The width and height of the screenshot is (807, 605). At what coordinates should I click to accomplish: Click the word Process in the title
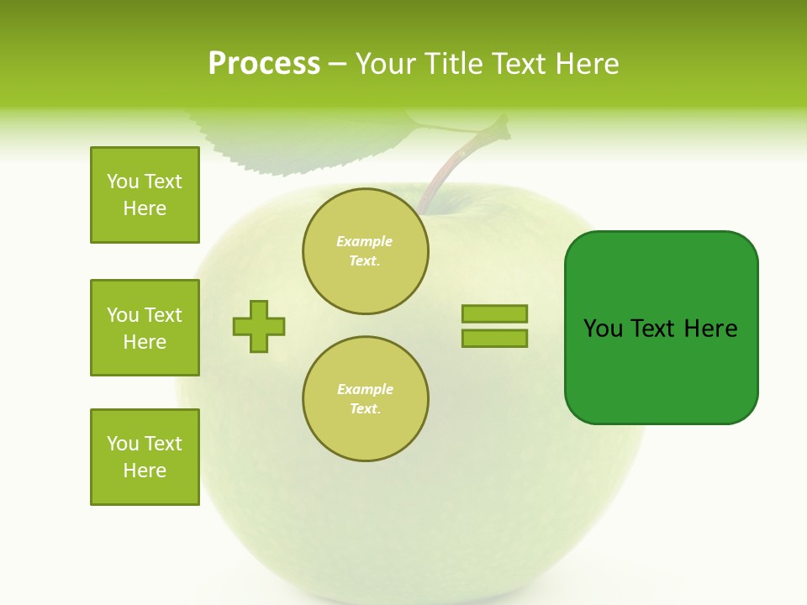264,64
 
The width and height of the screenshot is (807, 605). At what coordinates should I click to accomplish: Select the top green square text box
145,195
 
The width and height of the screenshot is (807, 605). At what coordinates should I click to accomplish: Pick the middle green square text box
145,328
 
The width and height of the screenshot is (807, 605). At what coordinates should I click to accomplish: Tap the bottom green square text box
145,457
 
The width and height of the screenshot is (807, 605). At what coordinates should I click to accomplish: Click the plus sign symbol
259,326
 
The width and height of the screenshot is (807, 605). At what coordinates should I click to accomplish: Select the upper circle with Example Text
366,250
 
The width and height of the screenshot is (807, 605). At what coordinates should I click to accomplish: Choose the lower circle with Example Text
366,398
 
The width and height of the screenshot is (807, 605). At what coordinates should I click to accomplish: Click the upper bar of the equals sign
494,313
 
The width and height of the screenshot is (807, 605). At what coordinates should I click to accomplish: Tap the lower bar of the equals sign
494,338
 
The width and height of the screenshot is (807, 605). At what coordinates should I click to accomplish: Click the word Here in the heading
587,64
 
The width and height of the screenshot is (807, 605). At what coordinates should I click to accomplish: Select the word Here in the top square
145,208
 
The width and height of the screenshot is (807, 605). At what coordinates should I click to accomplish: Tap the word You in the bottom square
123,444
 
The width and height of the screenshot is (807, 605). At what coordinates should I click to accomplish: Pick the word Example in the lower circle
366,389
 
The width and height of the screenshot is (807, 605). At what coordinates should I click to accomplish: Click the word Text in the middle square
163,315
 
